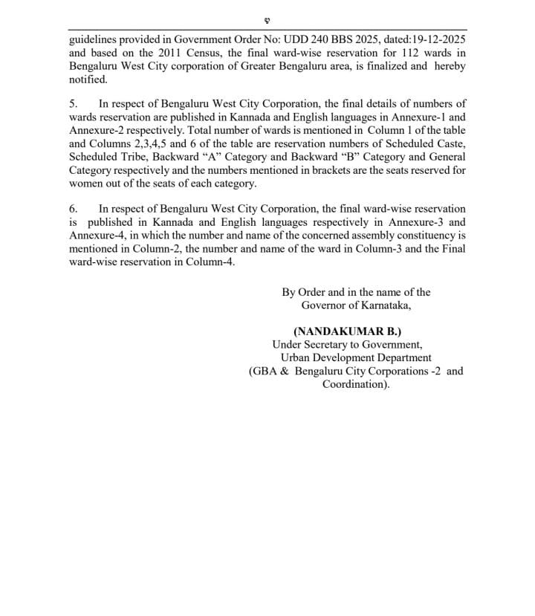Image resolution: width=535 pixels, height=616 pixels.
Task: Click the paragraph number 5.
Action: pos(73,104)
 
